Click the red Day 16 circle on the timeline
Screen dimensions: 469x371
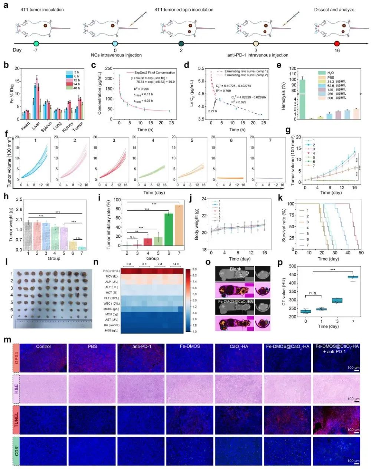click(x=337, y=44)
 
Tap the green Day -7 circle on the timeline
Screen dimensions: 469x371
click(x=36, y=44)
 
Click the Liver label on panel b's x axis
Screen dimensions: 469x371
click(x=36, y=126)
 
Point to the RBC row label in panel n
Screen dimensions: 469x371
click(x=110, y=271)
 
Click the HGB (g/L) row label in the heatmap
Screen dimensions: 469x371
click(x=111, y=330)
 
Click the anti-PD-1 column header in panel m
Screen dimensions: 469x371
click(x=141, y=347)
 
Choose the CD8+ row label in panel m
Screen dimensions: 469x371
click(x=16, y=450)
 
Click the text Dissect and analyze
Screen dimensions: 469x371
click(x=334, y=10)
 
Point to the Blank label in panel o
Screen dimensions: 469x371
click(x=235, y=269)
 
